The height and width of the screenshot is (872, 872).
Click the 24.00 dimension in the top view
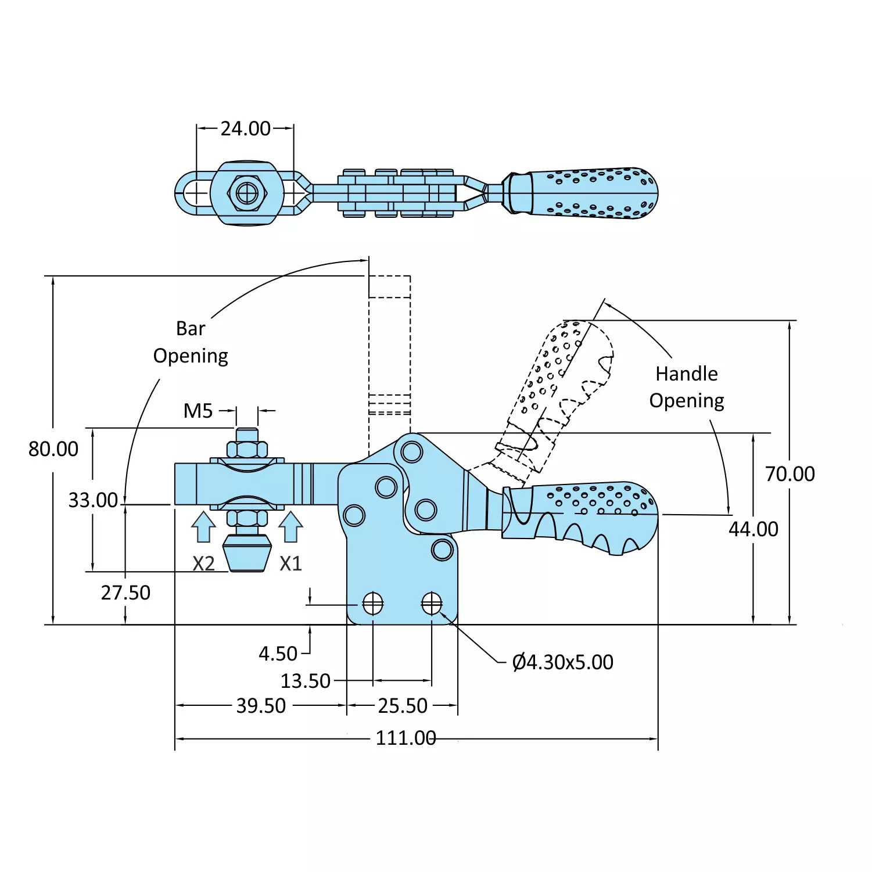pyautogui.click(x=245, y=128)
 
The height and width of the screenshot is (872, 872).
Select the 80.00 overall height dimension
pyautogui.click(x=53, y=449)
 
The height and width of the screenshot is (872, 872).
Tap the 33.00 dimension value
pyautogui.click(x=93, y=500)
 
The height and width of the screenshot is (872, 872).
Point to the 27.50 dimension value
pyautogui.click(x=125, y=593)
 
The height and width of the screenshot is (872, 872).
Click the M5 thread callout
pyautogui.click(x=198, y=411)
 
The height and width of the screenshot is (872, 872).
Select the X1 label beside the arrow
pyautogui.click(x=290, y=564)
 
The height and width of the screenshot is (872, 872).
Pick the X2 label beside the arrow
pyautogui.click(x=203, y=564)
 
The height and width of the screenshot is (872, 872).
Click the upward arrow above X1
pyautogui.click(x=290, y=526)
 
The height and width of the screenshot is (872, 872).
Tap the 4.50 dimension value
pyautogui.click(x=278, y=654)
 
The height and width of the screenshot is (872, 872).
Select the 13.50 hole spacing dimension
pyautogui.click(x=306, y=681)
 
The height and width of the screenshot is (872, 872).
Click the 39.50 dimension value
pyautogui.click(x=261, y=706)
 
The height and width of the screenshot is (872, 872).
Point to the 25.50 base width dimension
pyautogui.click(x=403, y=706)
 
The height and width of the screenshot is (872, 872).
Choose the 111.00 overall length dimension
pyautogui.click(x=406, y=738)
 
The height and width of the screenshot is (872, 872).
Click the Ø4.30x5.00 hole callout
pyautogui.click(x=562, y=662)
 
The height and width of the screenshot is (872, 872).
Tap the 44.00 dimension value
pyautogui.click(x=753, y=529)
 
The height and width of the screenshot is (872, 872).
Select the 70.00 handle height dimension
pyautogui.click(x=790, y=474)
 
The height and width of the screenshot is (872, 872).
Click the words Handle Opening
pyautogui.click(x=687, y=387)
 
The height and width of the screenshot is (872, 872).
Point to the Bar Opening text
pyautogui.click(x=191, y=342)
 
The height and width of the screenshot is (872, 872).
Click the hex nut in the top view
pyautogui.click(x=247, y=193)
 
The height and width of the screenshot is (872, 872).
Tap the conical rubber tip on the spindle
pyautogui.click(x=247, y=554)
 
